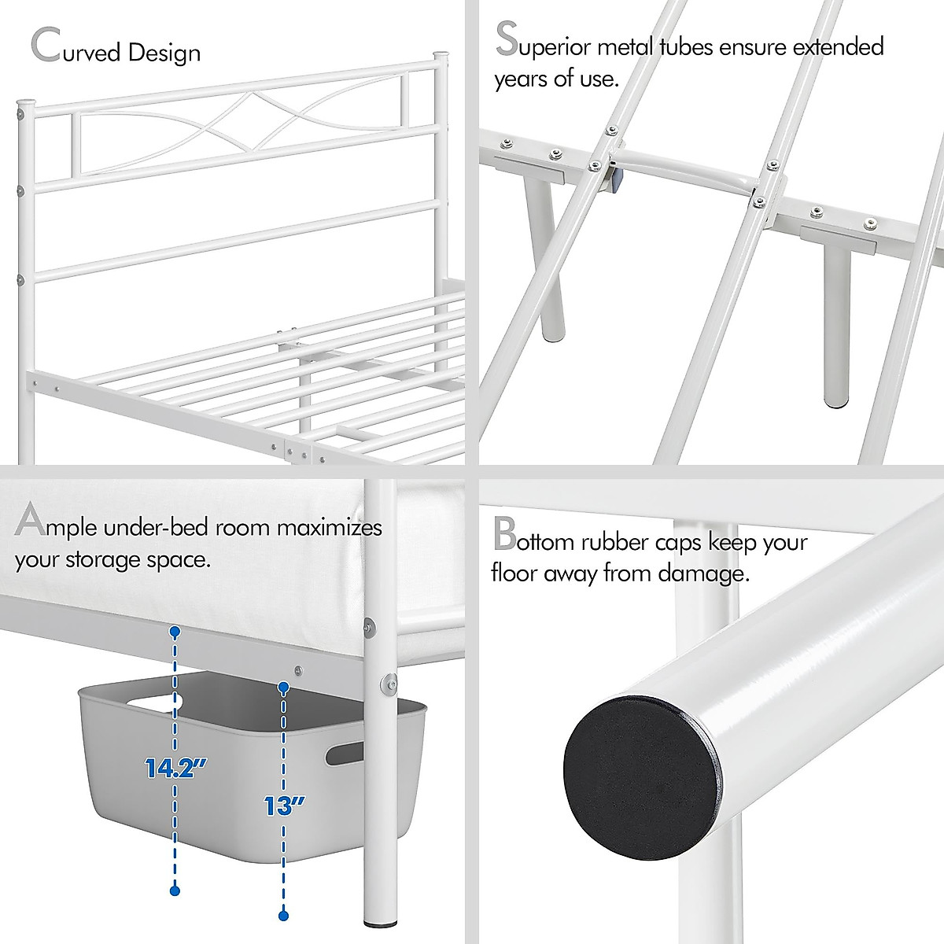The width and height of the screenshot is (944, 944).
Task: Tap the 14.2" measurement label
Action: pyautogui.click(x=171, y=767)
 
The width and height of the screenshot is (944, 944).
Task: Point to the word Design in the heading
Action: pyautogui.click(x=165, y=53)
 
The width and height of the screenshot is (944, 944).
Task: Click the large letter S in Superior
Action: pyautogui.click(x=507, y=40)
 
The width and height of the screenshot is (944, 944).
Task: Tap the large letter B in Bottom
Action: pyautogui.click(x=503, y=535)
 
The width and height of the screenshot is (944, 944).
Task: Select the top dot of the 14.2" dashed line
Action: pyautogui.click(x=175, y=632)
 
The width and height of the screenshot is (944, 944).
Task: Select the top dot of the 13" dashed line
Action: pyautogui.click(x=284, y=688)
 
